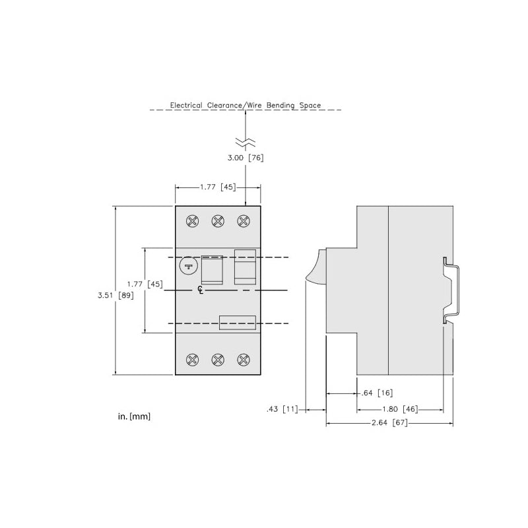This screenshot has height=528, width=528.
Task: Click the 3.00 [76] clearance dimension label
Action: tap(246, 158)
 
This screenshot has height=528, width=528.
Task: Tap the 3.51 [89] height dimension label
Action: tap(115, 295)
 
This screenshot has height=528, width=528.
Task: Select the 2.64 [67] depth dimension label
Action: tap(389, 422)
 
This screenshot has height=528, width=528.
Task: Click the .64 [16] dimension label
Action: tap(377, 393)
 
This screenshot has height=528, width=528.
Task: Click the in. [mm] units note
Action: tap(134, 416)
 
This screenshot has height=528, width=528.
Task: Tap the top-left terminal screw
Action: tap(193, 221)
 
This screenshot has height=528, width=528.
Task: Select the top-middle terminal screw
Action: tap(218, 221)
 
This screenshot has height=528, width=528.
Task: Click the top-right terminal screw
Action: tap(244, 221)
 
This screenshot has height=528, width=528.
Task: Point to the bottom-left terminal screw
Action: tap(193, 360)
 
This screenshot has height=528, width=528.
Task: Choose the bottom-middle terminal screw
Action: tap(218, 360)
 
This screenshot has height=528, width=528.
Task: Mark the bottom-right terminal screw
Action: tap(244, 360)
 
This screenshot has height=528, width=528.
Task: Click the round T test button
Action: tap(188, 266)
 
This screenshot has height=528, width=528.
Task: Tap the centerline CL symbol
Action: tap(201, 290)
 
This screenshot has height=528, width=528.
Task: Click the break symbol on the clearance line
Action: tap(246, 142)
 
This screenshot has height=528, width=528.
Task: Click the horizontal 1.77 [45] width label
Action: tap(218, 187)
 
